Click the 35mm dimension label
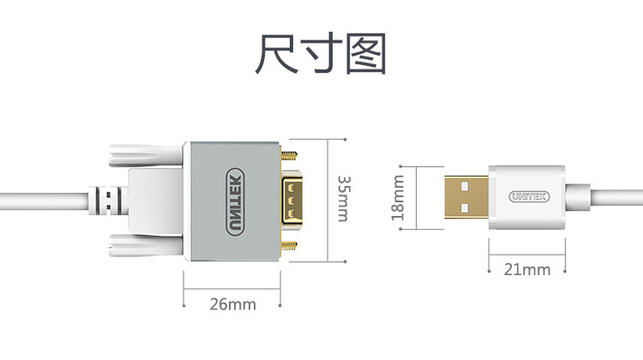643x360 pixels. coord(343,199)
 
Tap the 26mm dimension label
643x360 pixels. coord(232,304)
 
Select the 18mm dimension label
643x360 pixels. coord(398,198)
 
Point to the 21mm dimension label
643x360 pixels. coord(526,269)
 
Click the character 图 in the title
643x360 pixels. coord(366,54)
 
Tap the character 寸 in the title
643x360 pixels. coord(321,54)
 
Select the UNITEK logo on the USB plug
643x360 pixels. coord(527,197)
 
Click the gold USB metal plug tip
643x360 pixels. coord(466,198)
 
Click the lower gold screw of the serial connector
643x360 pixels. coord(290,244)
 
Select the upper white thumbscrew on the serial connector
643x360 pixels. coord(137,155)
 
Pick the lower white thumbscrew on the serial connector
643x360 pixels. coord(137,245)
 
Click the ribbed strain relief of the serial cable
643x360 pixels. coord(106,201)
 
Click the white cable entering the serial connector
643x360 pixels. coord(43,201)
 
